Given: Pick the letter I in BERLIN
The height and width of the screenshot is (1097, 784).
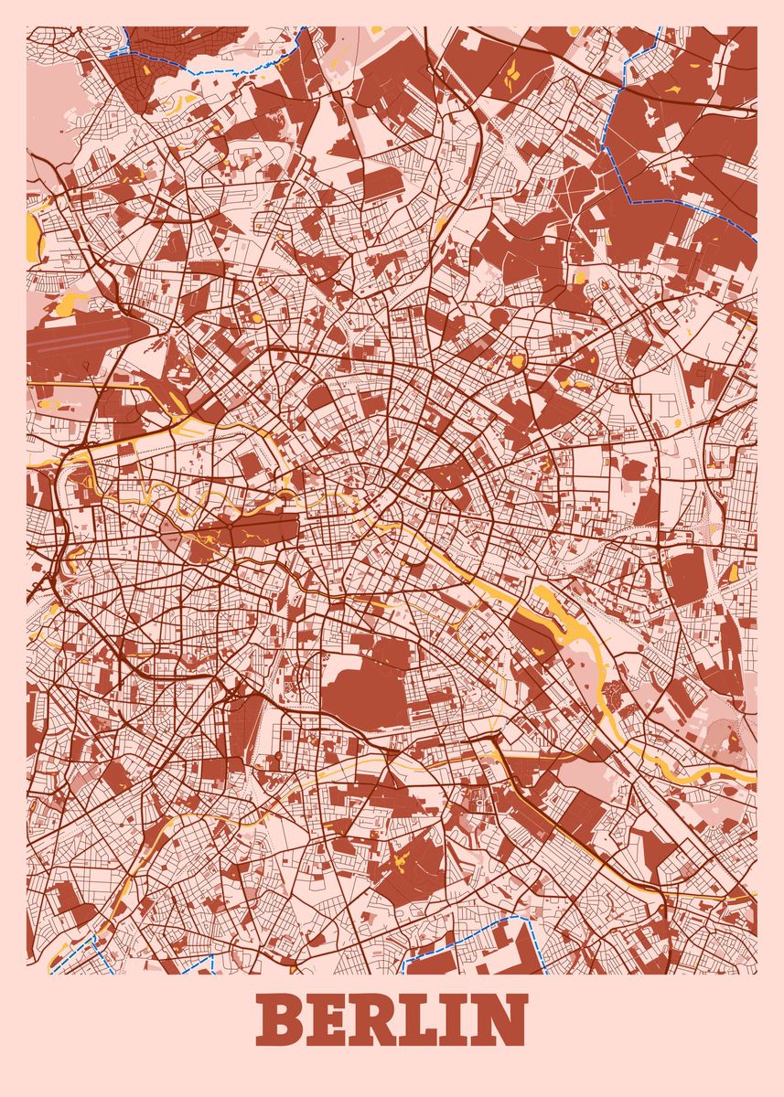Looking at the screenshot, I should click(471, 1020).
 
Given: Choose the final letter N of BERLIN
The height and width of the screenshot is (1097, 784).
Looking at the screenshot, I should click(506, 1020).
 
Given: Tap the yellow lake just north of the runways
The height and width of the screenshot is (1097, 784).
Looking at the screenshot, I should click(72, 302).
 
